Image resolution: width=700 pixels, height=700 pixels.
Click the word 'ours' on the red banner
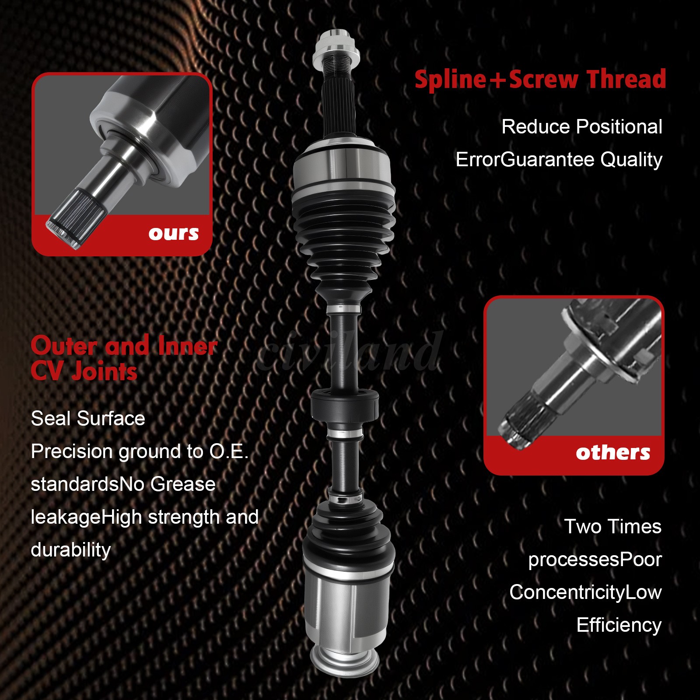(173, 233)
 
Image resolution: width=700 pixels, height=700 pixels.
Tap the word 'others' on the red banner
(612, 452)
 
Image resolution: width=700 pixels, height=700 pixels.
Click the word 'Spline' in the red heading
(450, 80)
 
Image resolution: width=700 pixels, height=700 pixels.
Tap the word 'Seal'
(51, 419)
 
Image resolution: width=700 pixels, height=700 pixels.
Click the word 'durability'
(71, 550)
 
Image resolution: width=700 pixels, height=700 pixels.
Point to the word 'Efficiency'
(619, 625)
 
